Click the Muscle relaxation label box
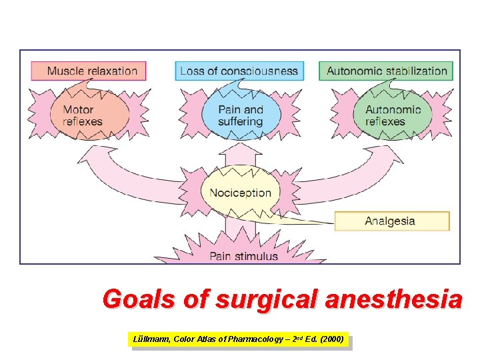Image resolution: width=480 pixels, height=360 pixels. click(88, 71)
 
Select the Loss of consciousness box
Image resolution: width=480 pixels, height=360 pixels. click(239, 71)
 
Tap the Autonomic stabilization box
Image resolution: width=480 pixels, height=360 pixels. click(386, 71)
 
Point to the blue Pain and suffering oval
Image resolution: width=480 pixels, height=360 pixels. click(240, 115)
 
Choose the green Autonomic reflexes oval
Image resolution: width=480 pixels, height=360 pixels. click(393, 115)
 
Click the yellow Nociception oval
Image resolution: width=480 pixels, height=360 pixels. click(240, 193)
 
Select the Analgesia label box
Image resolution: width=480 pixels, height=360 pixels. click(392, 221)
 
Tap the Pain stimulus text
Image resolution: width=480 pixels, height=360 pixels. click(244, 256)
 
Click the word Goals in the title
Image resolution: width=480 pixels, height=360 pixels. click(139, 299)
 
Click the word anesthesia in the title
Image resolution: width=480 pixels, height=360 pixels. click(393, 299)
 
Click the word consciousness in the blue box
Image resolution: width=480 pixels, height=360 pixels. click(261, 71)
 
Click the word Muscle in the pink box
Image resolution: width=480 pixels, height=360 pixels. click(64, 71)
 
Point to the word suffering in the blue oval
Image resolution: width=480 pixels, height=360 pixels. click(240, 122)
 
